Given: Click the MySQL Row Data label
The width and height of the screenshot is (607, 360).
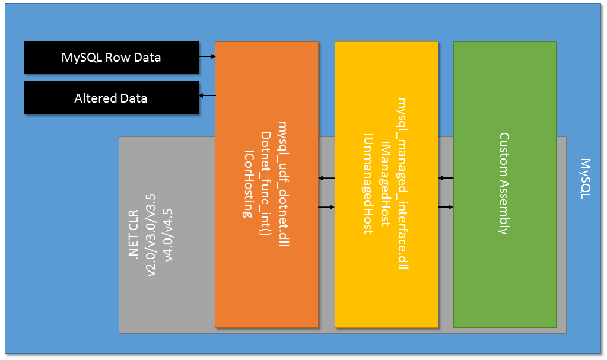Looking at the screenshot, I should tap(111, 58).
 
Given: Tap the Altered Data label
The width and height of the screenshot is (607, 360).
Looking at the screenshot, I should tap(111, 98).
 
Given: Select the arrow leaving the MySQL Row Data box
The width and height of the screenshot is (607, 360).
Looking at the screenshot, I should tap(206, 57).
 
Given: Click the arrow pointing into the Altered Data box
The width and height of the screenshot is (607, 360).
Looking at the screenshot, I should tap(206, 95).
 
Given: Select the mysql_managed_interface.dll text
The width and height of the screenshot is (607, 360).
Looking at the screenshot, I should tap(403, 184).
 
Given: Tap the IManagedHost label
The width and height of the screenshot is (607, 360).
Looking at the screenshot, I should tap(386, 184).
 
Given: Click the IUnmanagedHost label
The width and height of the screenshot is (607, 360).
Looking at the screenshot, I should tap(368, 184).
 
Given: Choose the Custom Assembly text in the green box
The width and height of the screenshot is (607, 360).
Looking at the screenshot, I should tap(504, 184).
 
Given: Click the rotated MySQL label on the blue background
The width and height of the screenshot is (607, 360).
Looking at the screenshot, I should tap(586, 179).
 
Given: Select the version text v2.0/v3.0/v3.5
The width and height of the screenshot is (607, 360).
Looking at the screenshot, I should tap(151, 235).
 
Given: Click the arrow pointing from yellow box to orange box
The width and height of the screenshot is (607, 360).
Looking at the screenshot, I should tap(326, 178).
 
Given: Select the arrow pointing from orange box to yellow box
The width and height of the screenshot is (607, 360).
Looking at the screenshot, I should tap(326, 207).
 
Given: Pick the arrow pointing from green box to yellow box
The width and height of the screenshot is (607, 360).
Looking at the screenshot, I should tap(446, 178).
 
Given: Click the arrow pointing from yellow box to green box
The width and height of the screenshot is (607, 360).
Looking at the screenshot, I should tap(446, 207).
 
